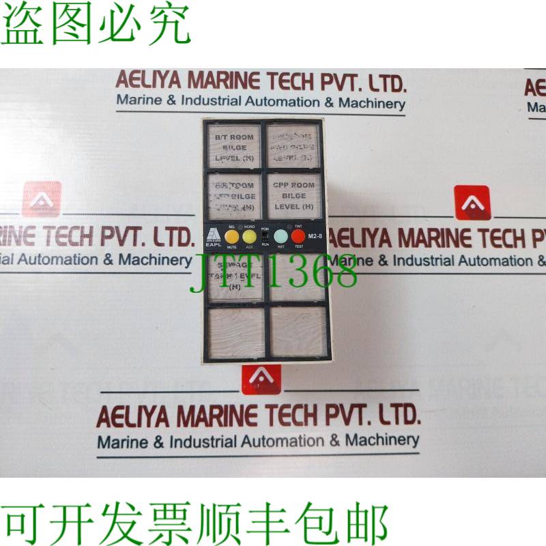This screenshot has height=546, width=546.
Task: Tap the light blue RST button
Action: click(281, 236)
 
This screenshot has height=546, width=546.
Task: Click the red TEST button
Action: click(298, 236)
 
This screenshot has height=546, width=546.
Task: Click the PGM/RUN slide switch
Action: click(265, 236)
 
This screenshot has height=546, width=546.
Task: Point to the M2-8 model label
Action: click(315, 236)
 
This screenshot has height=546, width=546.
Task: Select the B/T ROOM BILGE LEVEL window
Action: click(233, 147)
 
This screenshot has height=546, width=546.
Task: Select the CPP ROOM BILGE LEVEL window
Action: click(293, 196)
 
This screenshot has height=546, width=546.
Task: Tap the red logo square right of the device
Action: click(473, 203)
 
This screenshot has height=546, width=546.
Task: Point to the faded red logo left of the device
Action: click(42, 199)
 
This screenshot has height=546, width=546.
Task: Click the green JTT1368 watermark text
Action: click(273, 272)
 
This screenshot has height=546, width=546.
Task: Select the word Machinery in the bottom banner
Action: click(383, 440)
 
